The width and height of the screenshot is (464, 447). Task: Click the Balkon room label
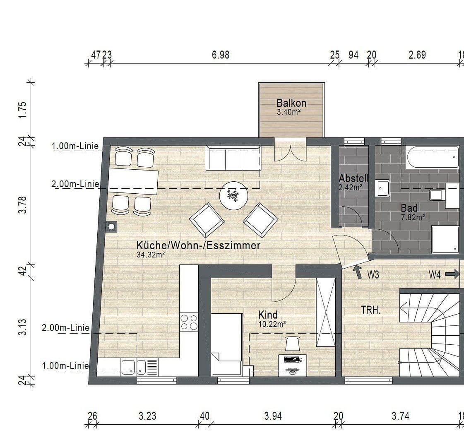point(291,103)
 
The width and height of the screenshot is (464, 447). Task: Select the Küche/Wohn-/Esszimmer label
point(198,245)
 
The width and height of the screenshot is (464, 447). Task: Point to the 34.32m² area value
point(151,255)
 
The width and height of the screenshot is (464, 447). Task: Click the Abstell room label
point(353,178)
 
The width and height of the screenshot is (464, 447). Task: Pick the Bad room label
point(409,208)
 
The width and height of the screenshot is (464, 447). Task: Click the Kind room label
point(268,315)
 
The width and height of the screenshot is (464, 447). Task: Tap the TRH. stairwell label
point(370,310)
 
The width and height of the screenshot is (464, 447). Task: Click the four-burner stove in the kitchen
point(189,322)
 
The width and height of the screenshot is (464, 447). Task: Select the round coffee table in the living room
point(233,195)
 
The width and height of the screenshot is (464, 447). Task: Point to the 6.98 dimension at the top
point(221,55)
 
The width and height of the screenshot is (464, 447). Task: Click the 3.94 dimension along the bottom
point(273,416)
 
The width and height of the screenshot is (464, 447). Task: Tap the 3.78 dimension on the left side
point(23,204)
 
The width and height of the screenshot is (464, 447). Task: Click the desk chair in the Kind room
point(293,343)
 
